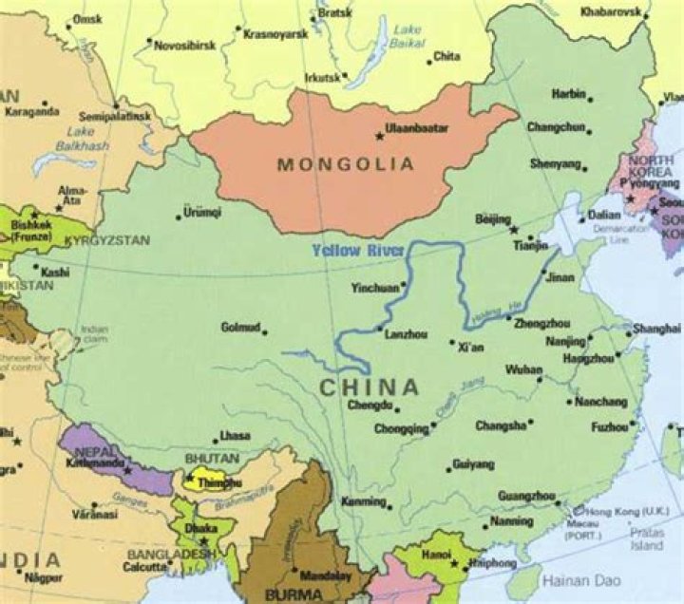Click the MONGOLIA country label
point(346,164)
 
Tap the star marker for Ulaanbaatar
point(380,137)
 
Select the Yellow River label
point(358,251)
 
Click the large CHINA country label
point(369,387)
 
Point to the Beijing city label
point(492,219)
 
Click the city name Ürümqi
point(202,212)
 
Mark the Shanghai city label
point(657,328)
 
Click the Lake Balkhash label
point(81,139)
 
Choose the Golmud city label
point(240,327)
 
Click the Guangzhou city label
point(525,495)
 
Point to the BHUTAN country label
point(212,458)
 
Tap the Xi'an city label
point(470,348)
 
